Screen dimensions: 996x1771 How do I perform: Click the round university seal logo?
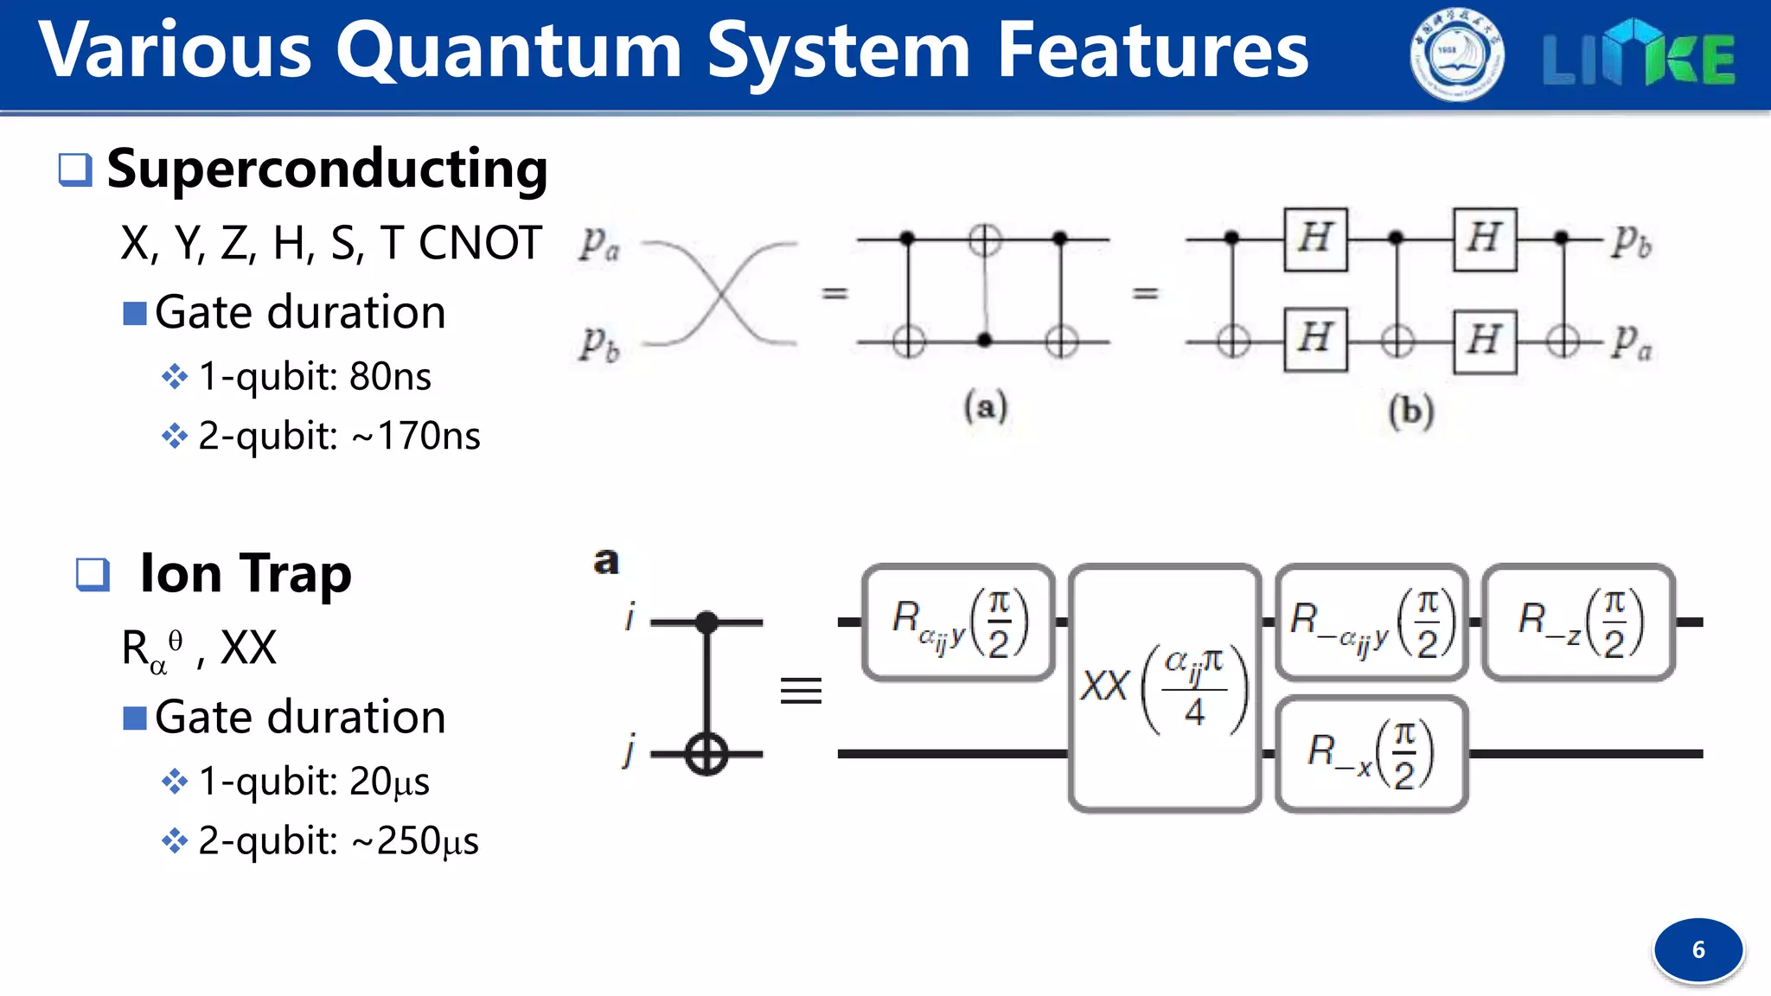pyautogui.click(x=1457, y=54)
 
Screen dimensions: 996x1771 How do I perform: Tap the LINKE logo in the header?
pyautogui.click(x=1639, y=54)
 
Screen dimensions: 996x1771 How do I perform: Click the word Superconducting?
pyautogui.click(x=327, y=169)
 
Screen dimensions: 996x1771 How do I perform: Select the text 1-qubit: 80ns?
pyautogui.click(x=315, y=376)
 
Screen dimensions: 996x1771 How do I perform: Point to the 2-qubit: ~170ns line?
pyautogui.click(x=339, y=436)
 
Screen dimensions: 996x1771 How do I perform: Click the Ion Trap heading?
pyautogui.click(x=246, y=573)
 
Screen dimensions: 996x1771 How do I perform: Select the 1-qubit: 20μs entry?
pyautogui.click(x=314, y=782)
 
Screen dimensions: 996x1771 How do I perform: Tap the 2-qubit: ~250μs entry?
pyautogui.click(x=338, y=841)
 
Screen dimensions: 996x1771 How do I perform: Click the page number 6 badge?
pyautogui.click(x=1698, y=949)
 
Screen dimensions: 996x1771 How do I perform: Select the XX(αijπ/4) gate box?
pyautogui.click(x=1165, y=688)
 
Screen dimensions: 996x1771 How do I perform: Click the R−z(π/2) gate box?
pyautogui.click(x=1579, y=622)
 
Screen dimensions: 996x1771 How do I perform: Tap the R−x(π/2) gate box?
pyautogui.click(x=1371, y=754)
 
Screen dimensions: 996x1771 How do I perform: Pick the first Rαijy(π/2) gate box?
pyautogui.click(x=958, y=622)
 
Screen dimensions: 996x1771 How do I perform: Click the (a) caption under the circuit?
pyautogui.click(x=986, y=406)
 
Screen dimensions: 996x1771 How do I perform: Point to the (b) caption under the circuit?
pyautogui.click(x=1411, y=410)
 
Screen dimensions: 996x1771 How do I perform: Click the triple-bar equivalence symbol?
pyautogui.click(x=801, y=690)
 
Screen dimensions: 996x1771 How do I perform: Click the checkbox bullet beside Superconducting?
pyautogui.click(x=75, y=169)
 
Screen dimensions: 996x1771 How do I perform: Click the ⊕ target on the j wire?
pyautogui.click(x=706, y=754)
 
